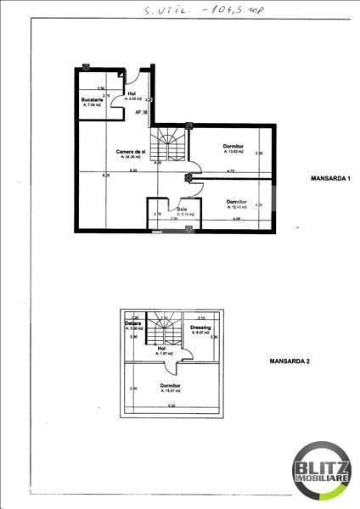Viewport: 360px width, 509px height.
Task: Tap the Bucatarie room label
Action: pyautogui.click(x=93, y=100)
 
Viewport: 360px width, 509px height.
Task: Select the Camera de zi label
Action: pyautogui.click(x=131, y=153)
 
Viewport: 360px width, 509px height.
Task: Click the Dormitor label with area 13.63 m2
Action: pyautogui.click(x=233, y=147)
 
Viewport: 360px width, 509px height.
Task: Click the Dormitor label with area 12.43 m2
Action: pyautogui.click(x=237, y=202)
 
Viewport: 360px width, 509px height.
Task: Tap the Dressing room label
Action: pyautogui.click(x=200, y=328)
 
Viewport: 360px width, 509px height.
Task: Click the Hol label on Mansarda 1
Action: pyautogui.click(x=132, y=95)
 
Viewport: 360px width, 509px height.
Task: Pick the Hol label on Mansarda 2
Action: pyautogui.click(x=161, y=349)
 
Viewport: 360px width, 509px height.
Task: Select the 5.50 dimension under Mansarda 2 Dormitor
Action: pyautogui.click(x=171, y=406)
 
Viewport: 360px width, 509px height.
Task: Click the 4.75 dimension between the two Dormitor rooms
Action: pyautogui.click(x=230, y=172)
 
